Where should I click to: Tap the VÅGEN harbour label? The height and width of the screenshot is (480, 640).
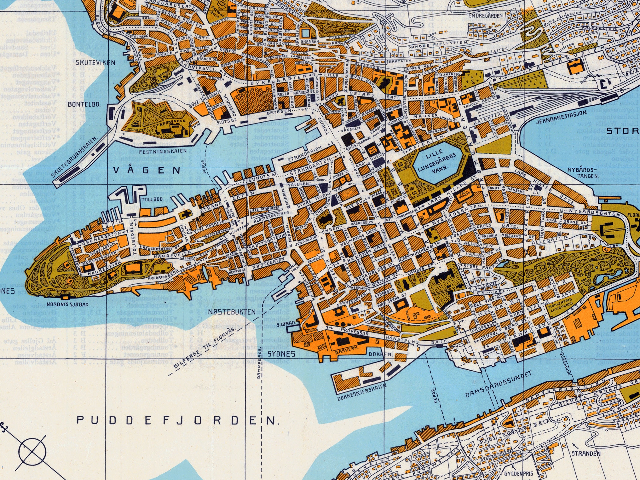147,171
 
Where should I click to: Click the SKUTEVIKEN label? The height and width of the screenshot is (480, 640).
95,63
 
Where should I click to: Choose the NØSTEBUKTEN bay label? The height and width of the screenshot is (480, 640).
232,312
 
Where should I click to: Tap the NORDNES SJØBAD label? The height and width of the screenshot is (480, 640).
68,304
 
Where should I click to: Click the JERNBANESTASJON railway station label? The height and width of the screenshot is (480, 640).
561,117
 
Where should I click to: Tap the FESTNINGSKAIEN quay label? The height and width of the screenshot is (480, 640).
163,151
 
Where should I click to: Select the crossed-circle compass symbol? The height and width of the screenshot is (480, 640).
32,451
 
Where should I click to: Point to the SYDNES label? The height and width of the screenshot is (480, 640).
281,354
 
